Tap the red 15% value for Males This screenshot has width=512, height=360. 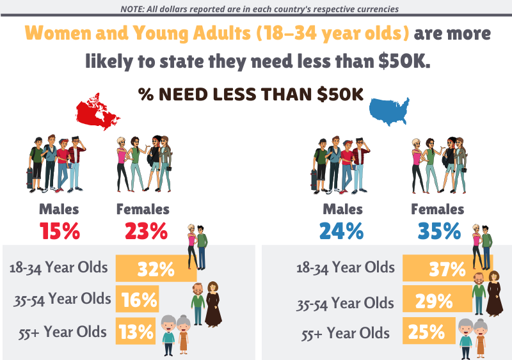coord(60,230)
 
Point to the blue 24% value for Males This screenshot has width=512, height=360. coord(342,230)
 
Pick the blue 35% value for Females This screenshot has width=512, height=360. coord(438,230)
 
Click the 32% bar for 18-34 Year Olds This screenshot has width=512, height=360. coord(154,268)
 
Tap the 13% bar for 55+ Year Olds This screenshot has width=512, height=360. coord(136,331)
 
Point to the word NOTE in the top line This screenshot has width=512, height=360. coord(134,9)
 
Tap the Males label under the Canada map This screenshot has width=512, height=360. coord(59,209)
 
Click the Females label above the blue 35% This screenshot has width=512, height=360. coord(437,209)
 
